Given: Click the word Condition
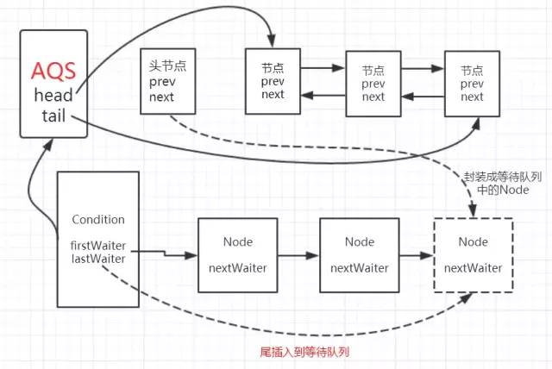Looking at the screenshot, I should pos(98,220).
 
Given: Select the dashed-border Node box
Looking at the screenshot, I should pos(473,255).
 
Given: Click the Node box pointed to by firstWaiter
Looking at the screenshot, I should pos(237,255).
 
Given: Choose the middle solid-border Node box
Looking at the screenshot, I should pos(360,255).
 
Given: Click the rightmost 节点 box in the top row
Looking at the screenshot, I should pos(472,84).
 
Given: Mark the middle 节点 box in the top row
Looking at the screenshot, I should pos(373,84).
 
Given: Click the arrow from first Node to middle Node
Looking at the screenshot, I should pos(298,256).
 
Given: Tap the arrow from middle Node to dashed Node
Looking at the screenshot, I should pos(417,256).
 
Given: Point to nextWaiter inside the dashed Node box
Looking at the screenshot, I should pos(473,268).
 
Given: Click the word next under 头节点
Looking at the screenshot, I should pos(161,97).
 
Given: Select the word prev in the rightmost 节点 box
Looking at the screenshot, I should pos(472,84).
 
